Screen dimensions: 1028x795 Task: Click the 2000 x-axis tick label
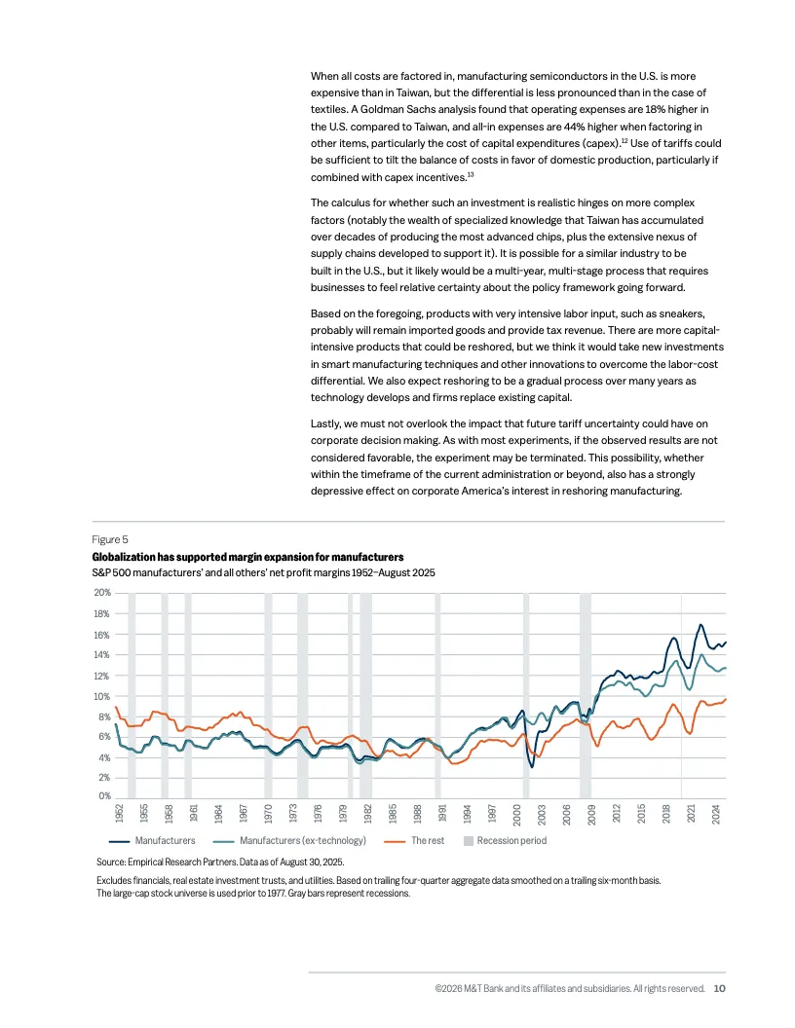[x=517, y=813]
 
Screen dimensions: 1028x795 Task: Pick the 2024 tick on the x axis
[x=716, y=813]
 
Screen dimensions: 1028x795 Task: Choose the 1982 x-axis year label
[x=367, y=813]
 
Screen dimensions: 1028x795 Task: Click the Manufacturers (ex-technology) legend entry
[x=302, y=840]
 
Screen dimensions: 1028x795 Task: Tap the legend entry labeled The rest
[x=428, y=840]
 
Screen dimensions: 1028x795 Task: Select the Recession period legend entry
[x=511, y=840]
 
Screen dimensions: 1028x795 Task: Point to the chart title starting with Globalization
[x=247, y=556]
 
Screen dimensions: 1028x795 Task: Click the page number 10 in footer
[x=719, y=988]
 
